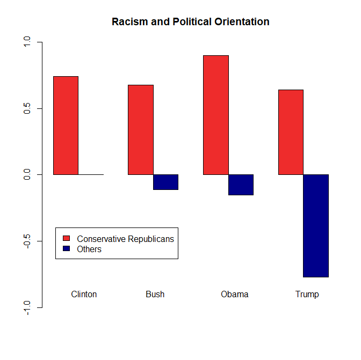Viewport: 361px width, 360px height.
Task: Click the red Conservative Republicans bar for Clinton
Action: (x=66, y=126)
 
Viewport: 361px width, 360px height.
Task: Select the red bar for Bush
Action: (x=140, y=130)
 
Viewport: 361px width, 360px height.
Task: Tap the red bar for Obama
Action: (x=215, y=115)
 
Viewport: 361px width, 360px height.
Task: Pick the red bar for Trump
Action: (x=291, y=132)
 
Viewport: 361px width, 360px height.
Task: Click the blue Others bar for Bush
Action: (x=165, y=182)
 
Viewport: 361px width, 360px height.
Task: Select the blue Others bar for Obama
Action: (x=241, y=185)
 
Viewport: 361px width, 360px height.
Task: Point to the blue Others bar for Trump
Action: (x=316, y=226)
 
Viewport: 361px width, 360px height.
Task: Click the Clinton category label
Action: (x=84, y=295)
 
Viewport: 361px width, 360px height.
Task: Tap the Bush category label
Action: (x=155, y=295)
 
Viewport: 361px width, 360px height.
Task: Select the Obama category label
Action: (x=234, y=295)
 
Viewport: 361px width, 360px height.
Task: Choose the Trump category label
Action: (x=307, y=295)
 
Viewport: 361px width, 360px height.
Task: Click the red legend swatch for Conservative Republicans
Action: (x=67, y=239)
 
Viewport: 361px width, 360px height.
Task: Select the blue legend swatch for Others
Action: (x=67, y=249)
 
